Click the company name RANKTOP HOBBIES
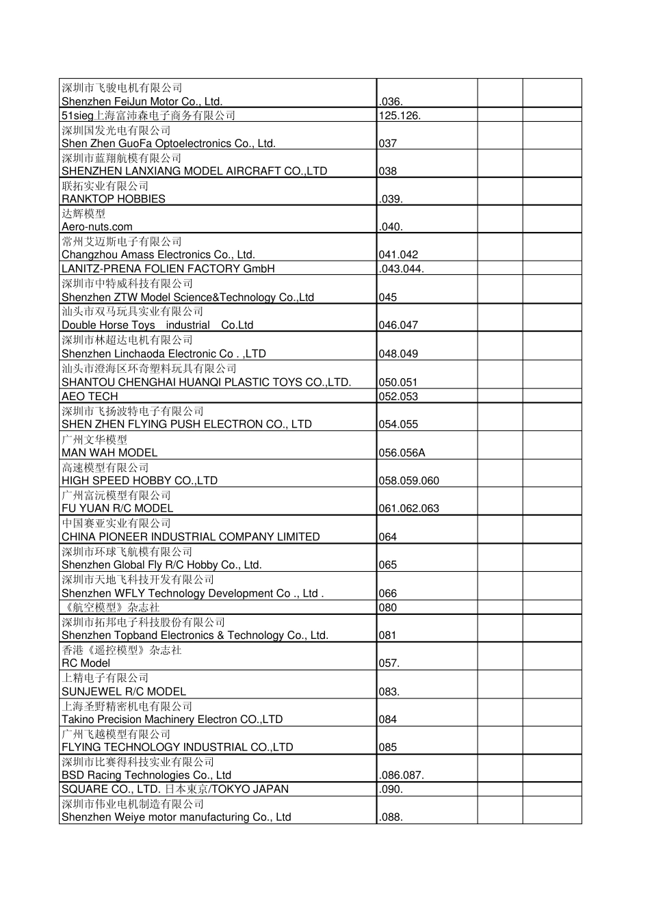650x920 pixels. point(114,199)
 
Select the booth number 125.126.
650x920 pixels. point(400,116)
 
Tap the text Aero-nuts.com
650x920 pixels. point(97,227)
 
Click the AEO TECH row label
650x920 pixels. point(90,397)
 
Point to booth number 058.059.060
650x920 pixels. point(408,481)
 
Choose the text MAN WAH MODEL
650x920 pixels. point(109,453)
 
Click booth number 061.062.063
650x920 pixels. point(408,509)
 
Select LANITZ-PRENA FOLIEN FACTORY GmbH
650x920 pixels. point(168,269)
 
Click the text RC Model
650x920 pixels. point(86,663)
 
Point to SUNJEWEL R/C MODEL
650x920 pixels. point(124,692)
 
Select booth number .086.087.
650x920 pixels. point(401,776)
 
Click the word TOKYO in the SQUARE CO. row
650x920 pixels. point(235,789)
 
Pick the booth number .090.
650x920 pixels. point(391,789)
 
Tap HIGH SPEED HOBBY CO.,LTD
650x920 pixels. point(140,481)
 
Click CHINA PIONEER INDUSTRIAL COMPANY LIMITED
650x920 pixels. point(191,537)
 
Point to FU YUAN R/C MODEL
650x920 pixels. point(118,509)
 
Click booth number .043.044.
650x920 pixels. point(401,269)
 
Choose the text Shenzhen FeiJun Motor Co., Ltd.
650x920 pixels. point(142,102)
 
